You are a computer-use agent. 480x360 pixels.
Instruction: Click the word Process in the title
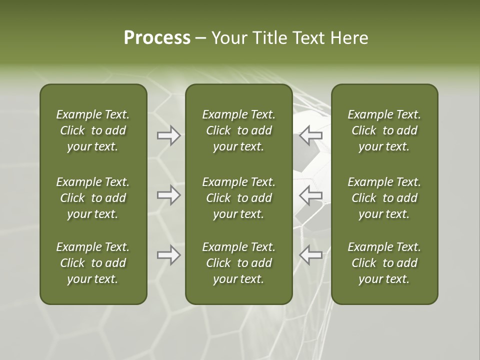[x=157, y=38]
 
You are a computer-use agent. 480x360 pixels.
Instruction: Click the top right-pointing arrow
[x=169, y=135]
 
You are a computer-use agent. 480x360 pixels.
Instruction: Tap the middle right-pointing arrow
[x=169, y=195]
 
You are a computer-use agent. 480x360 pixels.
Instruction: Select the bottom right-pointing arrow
[x=169, y=255]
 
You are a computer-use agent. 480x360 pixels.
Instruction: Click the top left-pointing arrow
[x=310, y=135]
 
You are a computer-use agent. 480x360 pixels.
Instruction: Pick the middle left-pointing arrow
[x=310, y=195]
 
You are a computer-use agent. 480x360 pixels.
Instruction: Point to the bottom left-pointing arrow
[x=310, y=255]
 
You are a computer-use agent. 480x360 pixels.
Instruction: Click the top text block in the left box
[x=93, y=130]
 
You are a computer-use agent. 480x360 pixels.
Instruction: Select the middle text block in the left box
[x=93, y=198]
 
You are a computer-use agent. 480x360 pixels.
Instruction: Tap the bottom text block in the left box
[x=93, y=263]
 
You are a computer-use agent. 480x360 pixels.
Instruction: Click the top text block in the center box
[x=238, y=130]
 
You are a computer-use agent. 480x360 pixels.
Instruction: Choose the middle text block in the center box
[x=238, y=198]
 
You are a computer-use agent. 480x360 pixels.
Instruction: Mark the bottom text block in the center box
[x=238, y=263]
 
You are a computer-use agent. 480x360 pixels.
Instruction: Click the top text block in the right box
[x=384, y=130]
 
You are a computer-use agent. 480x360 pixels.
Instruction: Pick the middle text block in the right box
[x=384, y=198]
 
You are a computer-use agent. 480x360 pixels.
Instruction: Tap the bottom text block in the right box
[x=384, y=263]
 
